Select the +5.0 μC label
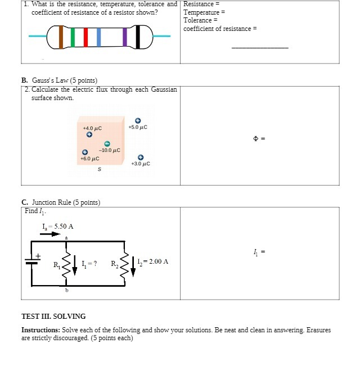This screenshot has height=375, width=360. coord(137,127)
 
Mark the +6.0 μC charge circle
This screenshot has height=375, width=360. coord(85,152)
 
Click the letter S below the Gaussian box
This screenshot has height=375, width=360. coord(100,169)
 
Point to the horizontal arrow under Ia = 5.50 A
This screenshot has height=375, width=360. coord(49,233)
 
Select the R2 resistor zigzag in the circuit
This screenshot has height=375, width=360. coord(124,263)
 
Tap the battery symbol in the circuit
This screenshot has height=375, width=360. coord(31,261)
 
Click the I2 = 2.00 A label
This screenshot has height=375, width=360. coord(152,261)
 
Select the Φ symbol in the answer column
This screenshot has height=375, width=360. coord(256,138)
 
